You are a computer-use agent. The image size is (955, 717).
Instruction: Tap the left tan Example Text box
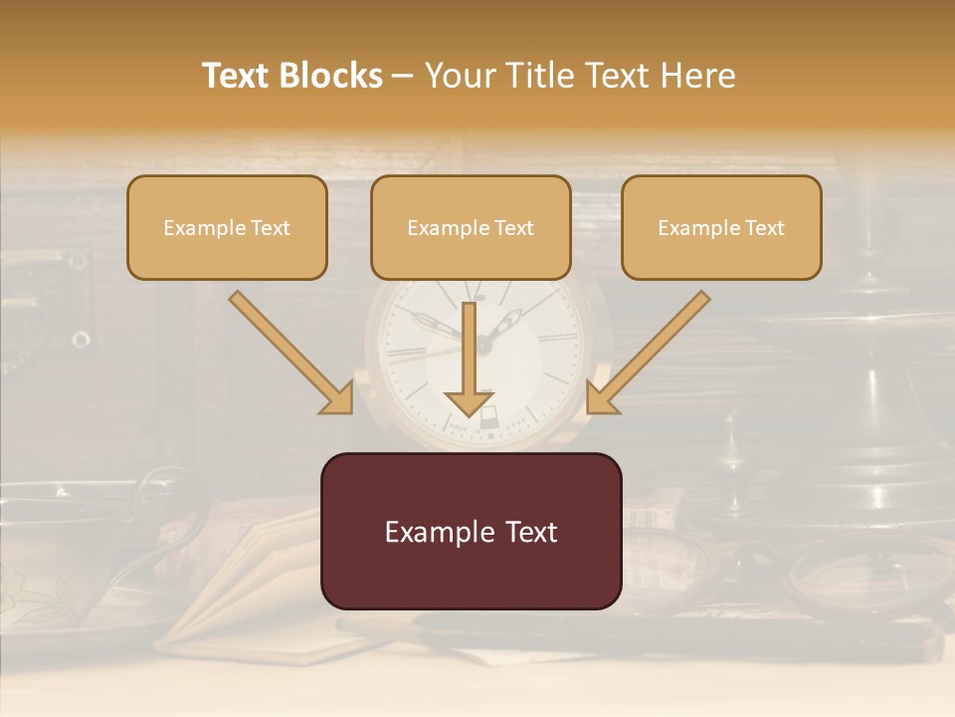227,227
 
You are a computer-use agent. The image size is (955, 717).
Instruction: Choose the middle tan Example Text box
471,227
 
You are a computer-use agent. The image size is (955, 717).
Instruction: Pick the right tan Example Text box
721,227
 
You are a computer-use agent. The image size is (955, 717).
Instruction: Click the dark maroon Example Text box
471,531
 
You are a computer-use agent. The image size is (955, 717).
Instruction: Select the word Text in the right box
764,228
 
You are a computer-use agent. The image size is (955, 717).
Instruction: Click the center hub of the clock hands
484,344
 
